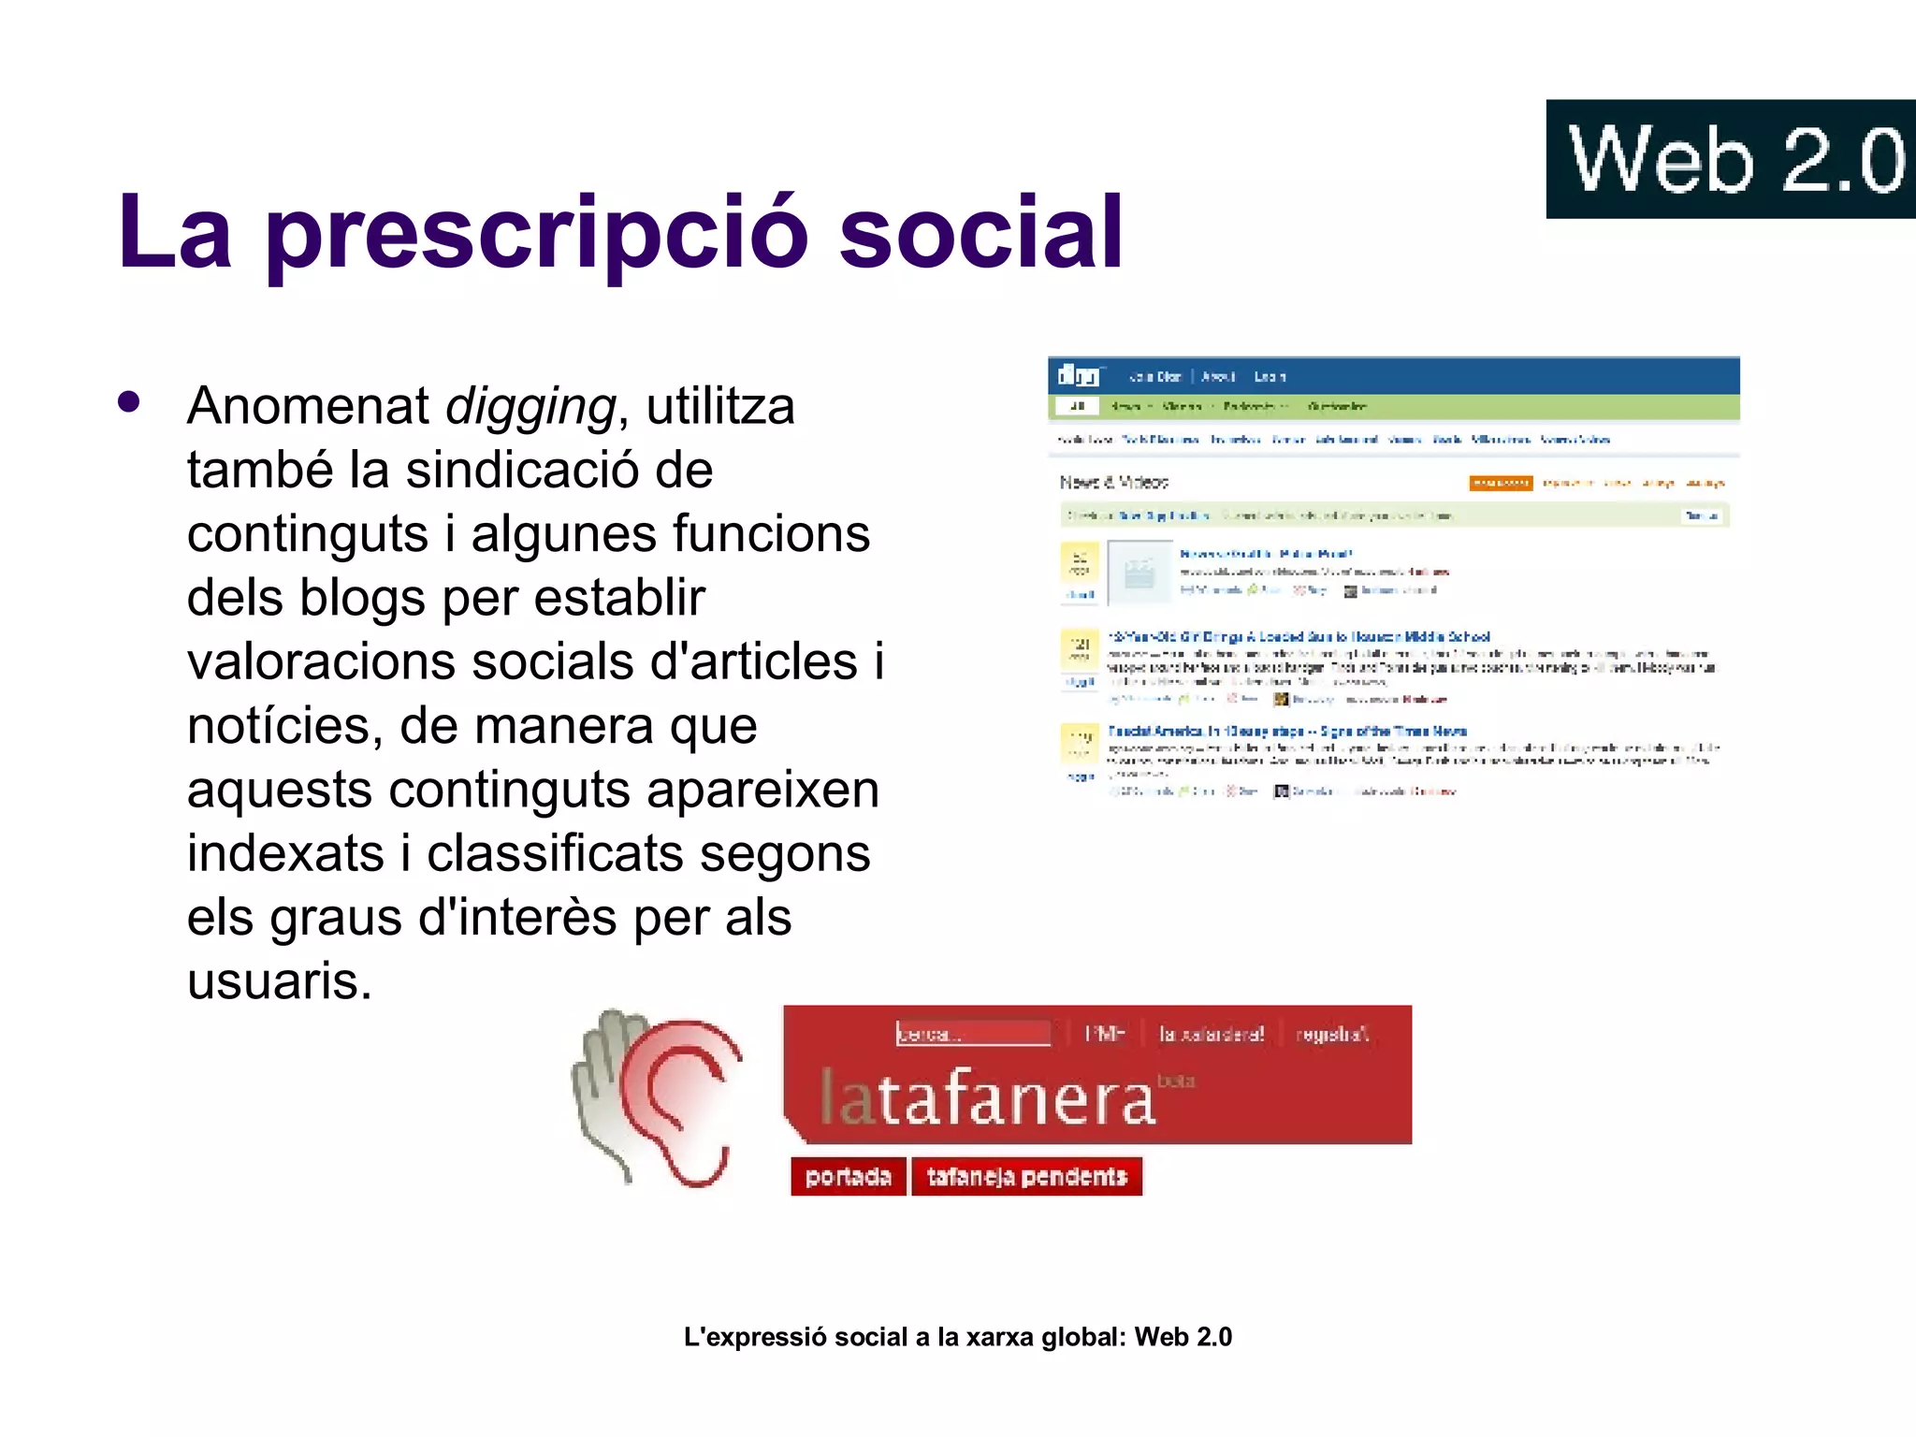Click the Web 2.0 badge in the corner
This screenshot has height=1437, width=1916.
click(1731, 159)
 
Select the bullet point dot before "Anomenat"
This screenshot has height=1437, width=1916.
click(129, 402)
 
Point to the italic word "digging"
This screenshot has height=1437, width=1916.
click(530, 407)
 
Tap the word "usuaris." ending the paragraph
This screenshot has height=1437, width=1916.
click(280, 981)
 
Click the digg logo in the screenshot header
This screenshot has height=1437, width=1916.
click(1078, 376)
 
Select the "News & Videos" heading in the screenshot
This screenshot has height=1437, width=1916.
click(1113, 483)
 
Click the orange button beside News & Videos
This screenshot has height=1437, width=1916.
click(1500, 484)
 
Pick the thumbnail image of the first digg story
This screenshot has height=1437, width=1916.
click(1139, 572)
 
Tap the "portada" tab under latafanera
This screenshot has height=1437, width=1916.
click(848, 1177)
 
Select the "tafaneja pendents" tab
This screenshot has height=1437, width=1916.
click(1026, 1177)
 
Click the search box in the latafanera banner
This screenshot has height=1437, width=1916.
click(972, 1034)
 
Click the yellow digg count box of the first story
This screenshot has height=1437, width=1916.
click(1080, 562)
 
